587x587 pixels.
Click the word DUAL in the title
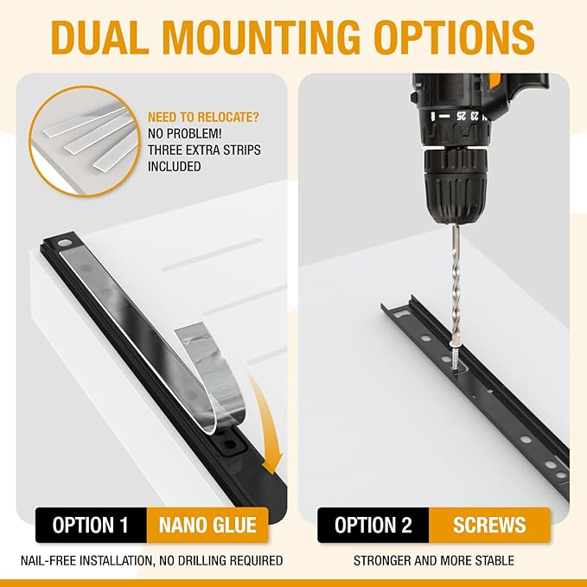[x=100, y=37]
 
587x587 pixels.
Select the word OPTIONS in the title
[x=454, y=37]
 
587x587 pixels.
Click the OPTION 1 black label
[x=91, y=525]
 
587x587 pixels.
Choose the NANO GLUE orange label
[x=207, y=525]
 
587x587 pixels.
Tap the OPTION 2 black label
[x=373, y=525]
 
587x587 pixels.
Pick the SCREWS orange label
[x=489, y=525]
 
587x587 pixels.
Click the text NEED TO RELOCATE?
[x=203, y=118]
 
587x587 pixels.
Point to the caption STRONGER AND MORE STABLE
[x=433, y=560]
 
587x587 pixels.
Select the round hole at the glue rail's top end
[x=64, y=243]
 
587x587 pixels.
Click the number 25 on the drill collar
[x=462, y=116]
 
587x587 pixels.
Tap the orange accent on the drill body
[x=494, y=81]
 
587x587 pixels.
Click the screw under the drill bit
[x=455, y=359]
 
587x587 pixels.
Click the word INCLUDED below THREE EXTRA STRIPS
[x=175, y=167]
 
